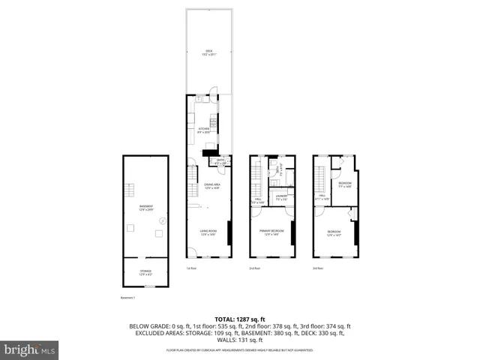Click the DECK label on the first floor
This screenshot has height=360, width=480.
point(208,52)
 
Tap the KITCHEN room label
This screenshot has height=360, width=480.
point(203,130)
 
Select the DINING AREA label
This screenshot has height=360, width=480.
point(211,186)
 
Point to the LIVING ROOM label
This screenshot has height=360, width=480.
point(208,232)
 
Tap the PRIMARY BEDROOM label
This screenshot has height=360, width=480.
point(271,232)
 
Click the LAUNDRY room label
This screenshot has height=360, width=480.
point(280,199)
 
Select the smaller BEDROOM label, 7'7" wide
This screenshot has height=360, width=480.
point(344,184)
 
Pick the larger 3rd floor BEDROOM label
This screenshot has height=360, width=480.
point(334,232)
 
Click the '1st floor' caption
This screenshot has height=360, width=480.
point(191,268)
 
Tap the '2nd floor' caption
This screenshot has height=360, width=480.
point(254,268)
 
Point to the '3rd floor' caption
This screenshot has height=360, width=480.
point(318,268)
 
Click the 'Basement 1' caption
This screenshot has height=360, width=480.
point(129,298)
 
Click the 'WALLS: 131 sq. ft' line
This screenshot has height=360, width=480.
point(240,340)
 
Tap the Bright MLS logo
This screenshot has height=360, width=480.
point(30,349)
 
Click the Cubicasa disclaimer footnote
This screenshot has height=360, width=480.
point(240,349)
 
